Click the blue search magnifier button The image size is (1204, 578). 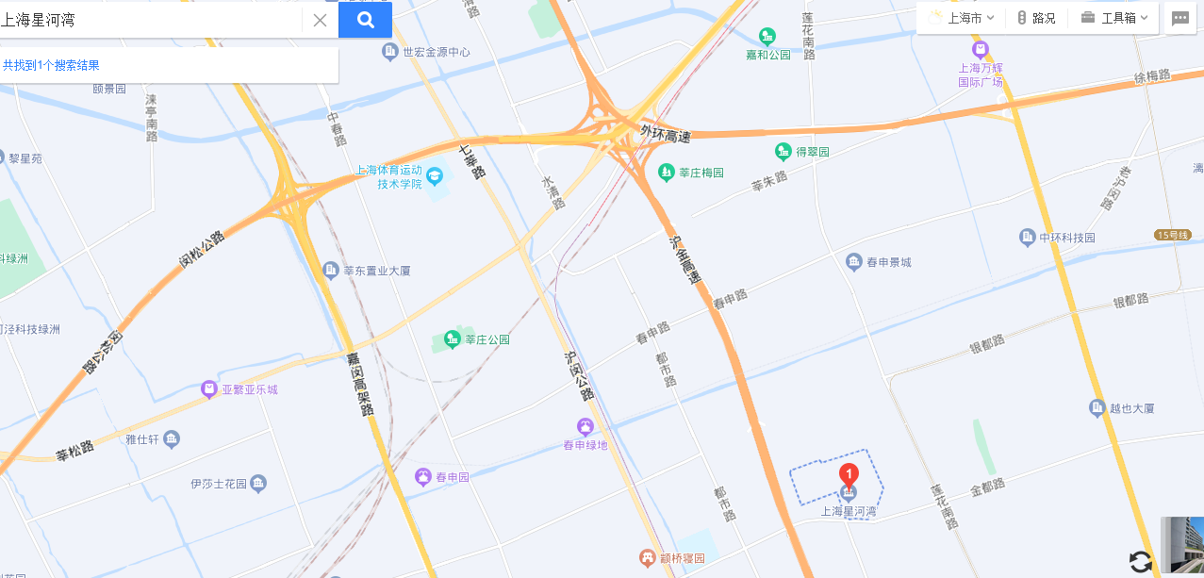click(365, 20)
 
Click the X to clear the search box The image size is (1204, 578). click(320, 20)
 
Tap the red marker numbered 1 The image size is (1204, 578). click(849, 474)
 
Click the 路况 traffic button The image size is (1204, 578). click(1036, 18)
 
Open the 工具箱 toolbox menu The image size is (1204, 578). click(1116, 18)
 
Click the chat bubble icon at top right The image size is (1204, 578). click(1179, 18)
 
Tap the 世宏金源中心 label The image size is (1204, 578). click(436, 52)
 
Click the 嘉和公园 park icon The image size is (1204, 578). click(767, 37)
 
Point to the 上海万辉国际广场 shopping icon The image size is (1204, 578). click(981, 48)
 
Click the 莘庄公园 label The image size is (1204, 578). click(487, 339)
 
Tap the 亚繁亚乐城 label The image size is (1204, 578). click(250, 388)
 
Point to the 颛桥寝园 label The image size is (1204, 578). click(681, 558)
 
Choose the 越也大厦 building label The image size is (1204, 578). click(1131, 408)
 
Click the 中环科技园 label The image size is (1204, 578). click(1067, 238)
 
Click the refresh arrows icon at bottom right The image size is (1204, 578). click(1141, 562)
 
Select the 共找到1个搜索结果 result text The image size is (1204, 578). click(51, 65)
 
